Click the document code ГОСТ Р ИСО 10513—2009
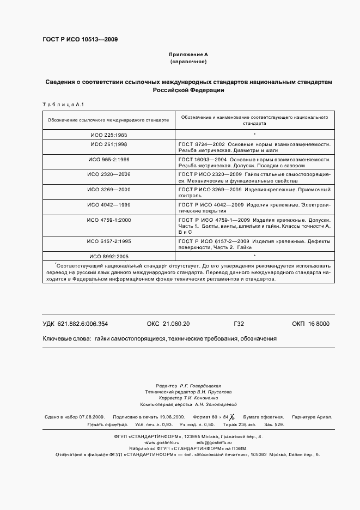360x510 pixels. pos(80,39)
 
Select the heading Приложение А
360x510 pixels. pos(188,55)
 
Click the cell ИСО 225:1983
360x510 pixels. pos(108,133)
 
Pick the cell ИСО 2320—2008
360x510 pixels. pos(108,174)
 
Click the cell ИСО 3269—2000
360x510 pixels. pos(108,189)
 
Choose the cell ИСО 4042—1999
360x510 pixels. pos(108,204)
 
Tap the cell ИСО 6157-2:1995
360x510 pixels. pos(108,241)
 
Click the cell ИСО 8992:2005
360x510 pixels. pos(108,256)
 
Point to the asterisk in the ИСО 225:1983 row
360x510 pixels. pos(254,133)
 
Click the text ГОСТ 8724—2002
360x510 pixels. pos(199,144)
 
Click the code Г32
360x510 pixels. pos(239,324)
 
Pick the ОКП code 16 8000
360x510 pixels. pos(318,324)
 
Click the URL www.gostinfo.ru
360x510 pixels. pos(162,443)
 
